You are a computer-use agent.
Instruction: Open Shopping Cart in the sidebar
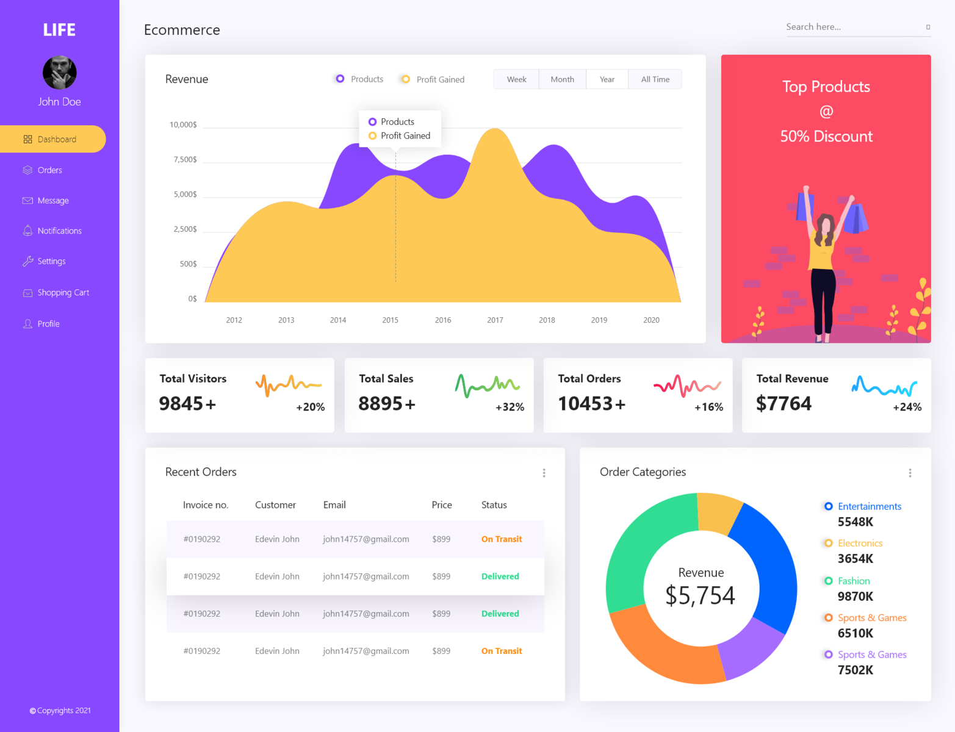click(x=63, y=293)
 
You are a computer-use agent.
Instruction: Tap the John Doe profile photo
click(x=59, y=73)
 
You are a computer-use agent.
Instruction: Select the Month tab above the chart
click(x=562, y=79)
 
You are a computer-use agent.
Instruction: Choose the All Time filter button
click(x=655, y=79)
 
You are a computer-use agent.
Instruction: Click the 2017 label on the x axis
click(x=495, y=320)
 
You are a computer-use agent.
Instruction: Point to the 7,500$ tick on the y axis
click(x=185, y=159)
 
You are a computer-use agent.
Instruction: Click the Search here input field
click(x=851, y=27)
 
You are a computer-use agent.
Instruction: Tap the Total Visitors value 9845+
click(x=187, y=403)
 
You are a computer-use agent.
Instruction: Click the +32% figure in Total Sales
click(x=510, y=407)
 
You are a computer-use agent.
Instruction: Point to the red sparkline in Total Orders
click(x=687, y=386)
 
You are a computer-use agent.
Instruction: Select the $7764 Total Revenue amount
click(x=784, y=403)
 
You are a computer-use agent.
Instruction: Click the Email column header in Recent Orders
click(x=334, y=505)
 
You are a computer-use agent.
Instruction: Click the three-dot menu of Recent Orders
click(x=544, y=473)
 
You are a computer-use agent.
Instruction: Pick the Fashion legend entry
click(x=853, y=581)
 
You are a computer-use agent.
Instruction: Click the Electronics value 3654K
click(x=855, y=559)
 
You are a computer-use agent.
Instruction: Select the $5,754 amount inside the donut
click(x=701, y=595)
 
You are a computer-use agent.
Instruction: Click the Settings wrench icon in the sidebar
click(x=28, y=261)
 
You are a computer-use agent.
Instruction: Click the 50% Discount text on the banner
click(x=826, y=136)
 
